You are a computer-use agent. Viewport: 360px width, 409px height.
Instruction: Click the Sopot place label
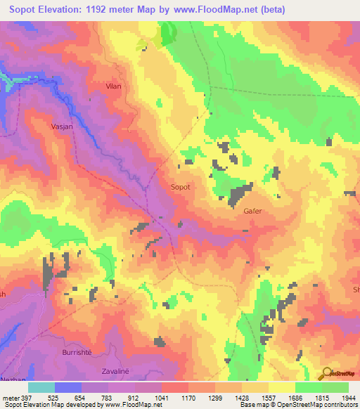[x=181, y=188]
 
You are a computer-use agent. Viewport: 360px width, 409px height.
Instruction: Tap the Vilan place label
[x=113, y=86]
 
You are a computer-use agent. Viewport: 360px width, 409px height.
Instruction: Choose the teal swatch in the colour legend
[x=41, y=387]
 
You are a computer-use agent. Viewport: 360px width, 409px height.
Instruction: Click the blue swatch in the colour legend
[x=68, y=387]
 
